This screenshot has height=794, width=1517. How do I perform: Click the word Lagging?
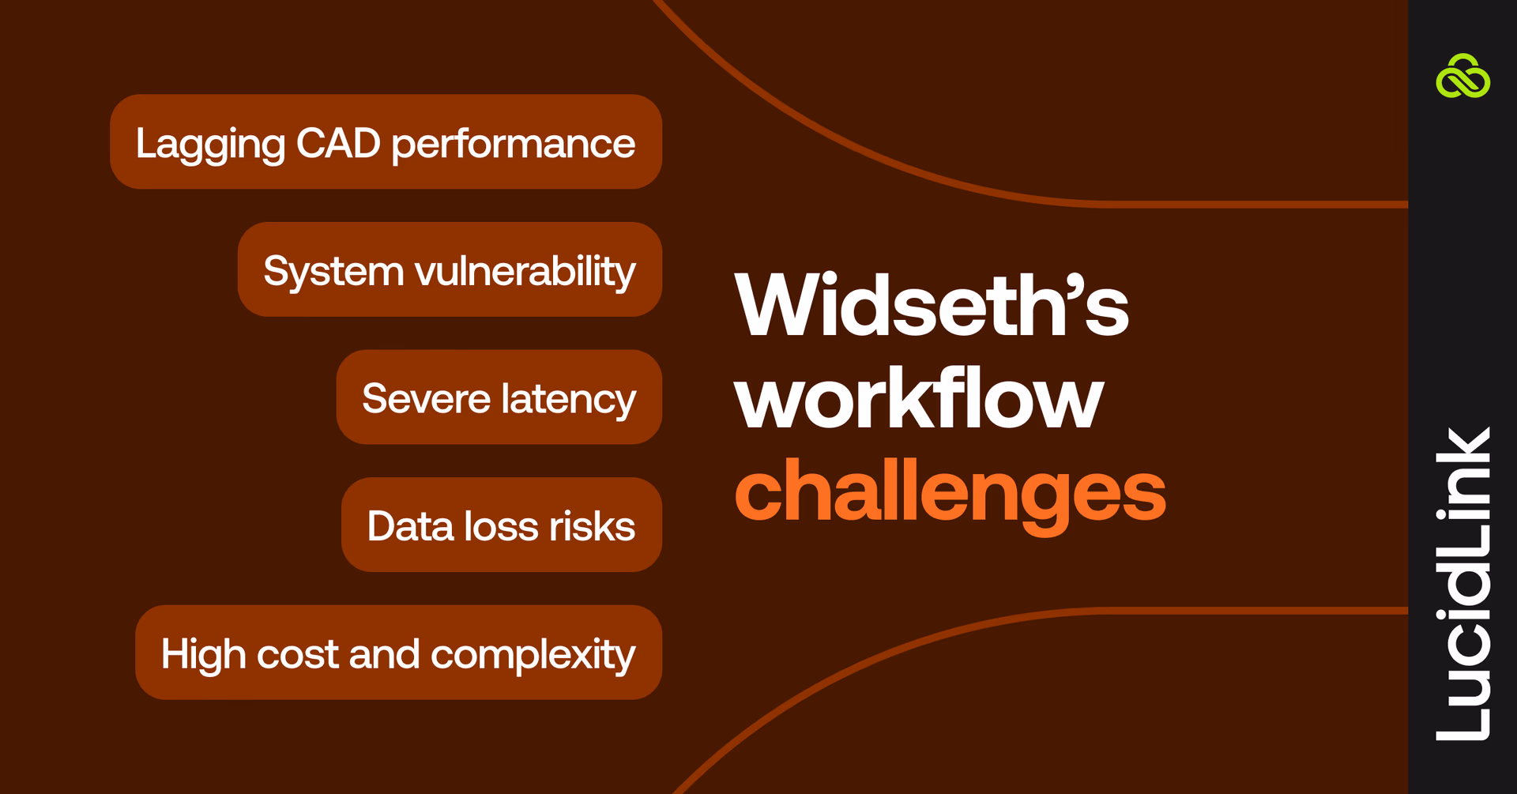point(210,145)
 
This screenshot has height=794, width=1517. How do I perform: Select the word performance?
point(513,145)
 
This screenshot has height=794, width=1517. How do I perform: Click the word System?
point(333,272)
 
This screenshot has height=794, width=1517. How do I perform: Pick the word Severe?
point(426,399)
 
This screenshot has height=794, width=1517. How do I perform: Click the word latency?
point(568,399)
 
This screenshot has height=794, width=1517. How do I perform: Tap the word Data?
point(409,526)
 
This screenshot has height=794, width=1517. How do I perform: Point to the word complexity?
point(533,655)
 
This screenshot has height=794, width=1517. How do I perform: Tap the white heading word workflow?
point(918,399)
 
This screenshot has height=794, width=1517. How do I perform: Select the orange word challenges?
point(950,491)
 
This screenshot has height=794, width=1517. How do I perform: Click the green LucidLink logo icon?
point(1462,77)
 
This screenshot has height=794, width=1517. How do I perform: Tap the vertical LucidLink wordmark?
point(1462,584)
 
